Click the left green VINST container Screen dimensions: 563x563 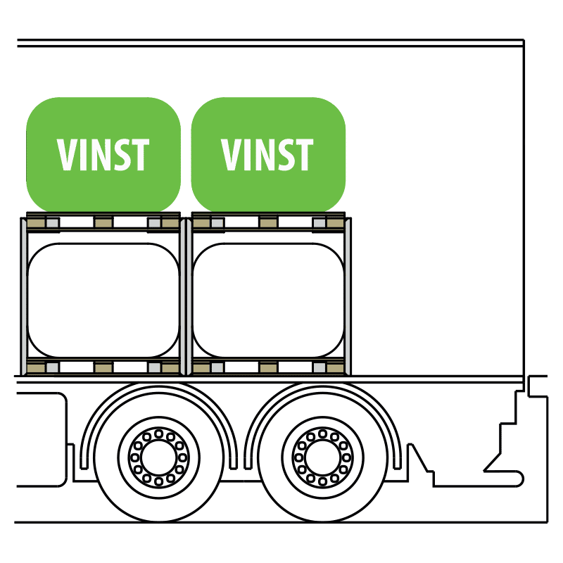103,154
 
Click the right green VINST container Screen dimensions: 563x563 268,154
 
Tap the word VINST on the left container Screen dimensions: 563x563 103,154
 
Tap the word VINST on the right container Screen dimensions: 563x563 267,154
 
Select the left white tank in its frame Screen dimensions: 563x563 103,301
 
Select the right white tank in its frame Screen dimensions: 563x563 268,301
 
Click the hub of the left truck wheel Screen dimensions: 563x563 159,457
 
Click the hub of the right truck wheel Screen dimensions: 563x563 322,457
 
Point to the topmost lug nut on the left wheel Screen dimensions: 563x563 159,434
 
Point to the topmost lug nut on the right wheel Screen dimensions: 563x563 322,434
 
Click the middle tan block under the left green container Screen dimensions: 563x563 103,223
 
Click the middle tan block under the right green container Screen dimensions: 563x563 268,223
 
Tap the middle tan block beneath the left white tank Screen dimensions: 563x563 103,367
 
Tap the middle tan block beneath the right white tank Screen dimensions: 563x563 268,367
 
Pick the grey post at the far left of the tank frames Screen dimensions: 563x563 24,297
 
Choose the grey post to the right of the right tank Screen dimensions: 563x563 348,297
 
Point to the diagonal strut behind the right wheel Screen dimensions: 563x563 419,458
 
